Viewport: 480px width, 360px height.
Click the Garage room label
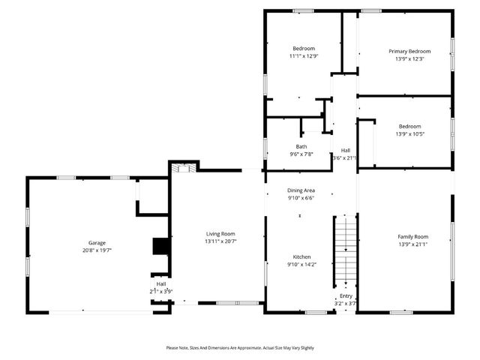[97, 243]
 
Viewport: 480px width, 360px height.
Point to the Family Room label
[412, 236]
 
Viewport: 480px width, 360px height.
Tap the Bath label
[301, 146]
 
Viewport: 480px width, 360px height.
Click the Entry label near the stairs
[346, 296]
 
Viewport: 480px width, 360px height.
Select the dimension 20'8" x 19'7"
[97, 250]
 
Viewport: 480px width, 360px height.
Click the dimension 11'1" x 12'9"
[303, 55]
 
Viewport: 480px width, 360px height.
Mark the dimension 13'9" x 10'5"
[409, 133]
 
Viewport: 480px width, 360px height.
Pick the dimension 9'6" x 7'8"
[301, 154]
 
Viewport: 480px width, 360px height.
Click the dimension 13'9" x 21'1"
[412, 244]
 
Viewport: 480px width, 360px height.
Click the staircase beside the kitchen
[343, 247]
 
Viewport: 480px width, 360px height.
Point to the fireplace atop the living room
[182, 169]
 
